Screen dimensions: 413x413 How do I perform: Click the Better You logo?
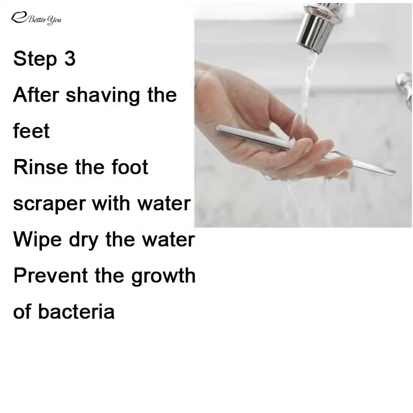coord(36,19)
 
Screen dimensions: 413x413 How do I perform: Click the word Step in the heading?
coord(35,59)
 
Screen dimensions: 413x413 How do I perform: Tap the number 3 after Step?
coord(70,58)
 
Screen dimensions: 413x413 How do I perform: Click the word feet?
coord(31,131)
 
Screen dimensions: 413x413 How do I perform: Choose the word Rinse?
coord(41,167)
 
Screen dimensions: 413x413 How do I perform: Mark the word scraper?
coord(50,204)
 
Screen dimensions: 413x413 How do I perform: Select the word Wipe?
coord(37,241)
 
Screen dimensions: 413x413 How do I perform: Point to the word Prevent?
coord(50,276)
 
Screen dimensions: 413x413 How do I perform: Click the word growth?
coord(163,277)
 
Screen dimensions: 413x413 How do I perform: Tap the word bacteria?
coord(76,312)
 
